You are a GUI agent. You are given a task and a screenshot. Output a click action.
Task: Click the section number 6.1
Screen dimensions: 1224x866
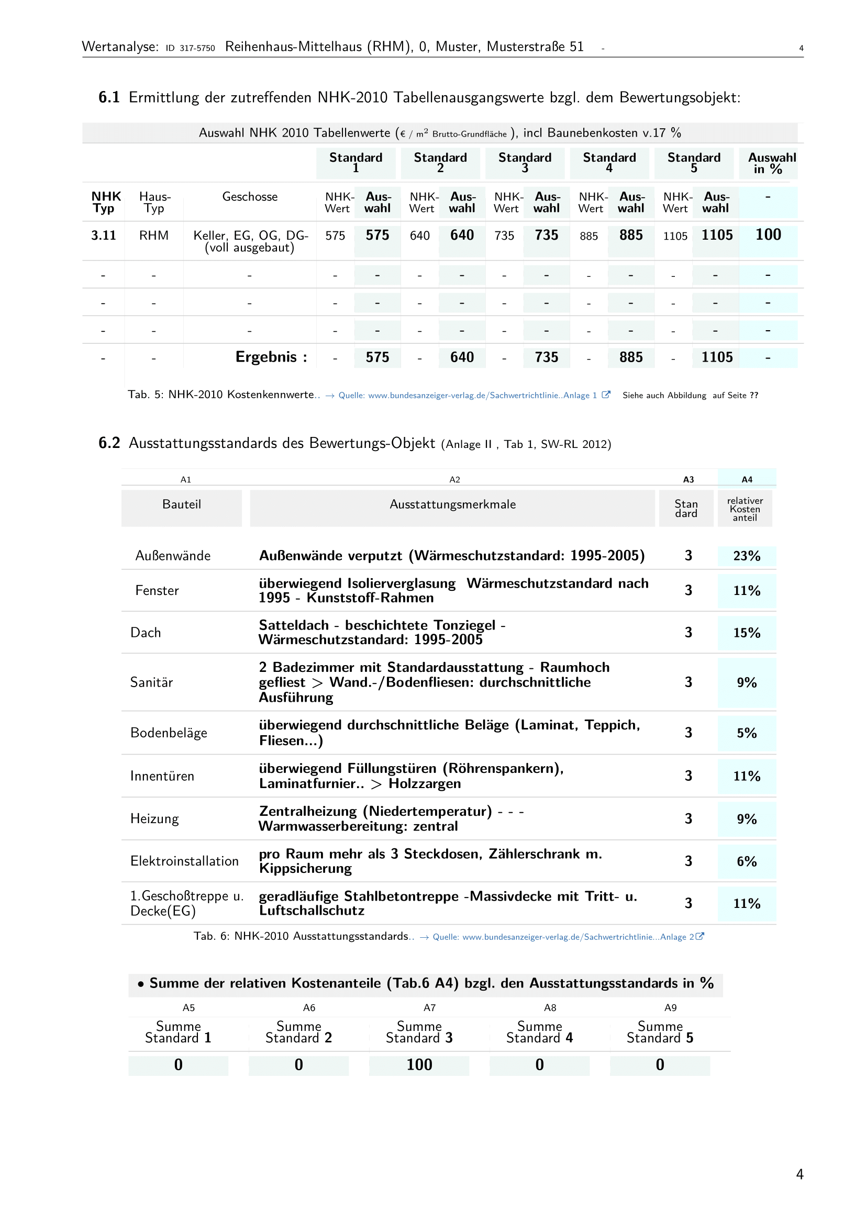coord(109,97)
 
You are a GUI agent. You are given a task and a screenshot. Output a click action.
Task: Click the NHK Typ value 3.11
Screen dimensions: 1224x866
coord(104,235)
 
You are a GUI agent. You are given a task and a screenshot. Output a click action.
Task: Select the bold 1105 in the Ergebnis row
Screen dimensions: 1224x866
coord(716,357)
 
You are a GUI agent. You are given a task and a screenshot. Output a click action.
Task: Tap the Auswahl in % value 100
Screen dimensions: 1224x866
coord(768,235)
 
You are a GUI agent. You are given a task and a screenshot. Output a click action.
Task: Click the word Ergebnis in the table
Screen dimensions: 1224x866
coord(265,357)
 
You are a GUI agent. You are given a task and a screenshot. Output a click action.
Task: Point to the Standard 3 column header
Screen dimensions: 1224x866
coord(524,162)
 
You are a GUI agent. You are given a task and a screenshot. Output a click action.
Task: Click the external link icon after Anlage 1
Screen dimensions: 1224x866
coord(606,395)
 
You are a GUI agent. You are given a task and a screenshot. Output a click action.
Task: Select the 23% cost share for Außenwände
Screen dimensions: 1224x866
coord(746,556)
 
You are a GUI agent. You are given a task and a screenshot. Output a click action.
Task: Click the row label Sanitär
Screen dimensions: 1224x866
coord(151,682)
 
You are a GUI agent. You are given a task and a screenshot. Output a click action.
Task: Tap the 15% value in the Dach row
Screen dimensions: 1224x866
coord(746,633)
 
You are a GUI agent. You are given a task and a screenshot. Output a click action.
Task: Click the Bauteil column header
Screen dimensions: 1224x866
coord(181,504)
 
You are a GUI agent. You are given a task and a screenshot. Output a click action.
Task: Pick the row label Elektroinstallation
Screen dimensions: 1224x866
coord(184,861)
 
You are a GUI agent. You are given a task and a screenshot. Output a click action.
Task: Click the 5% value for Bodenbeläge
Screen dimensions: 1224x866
coord(746,733)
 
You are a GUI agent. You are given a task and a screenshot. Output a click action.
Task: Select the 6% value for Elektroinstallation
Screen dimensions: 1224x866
coord(746,861)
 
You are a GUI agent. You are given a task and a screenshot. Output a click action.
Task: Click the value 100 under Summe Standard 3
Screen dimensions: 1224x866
coord(419,1064)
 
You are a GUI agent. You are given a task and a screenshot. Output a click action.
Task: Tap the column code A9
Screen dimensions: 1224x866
coord(670,1007)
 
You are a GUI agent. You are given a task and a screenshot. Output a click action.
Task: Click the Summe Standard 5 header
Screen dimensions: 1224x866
coord(660,1032)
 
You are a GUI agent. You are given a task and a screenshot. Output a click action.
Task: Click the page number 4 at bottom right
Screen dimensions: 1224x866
coord(800,1174)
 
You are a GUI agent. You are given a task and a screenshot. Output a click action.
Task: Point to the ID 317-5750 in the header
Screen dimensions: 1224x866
coord(191,48)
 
